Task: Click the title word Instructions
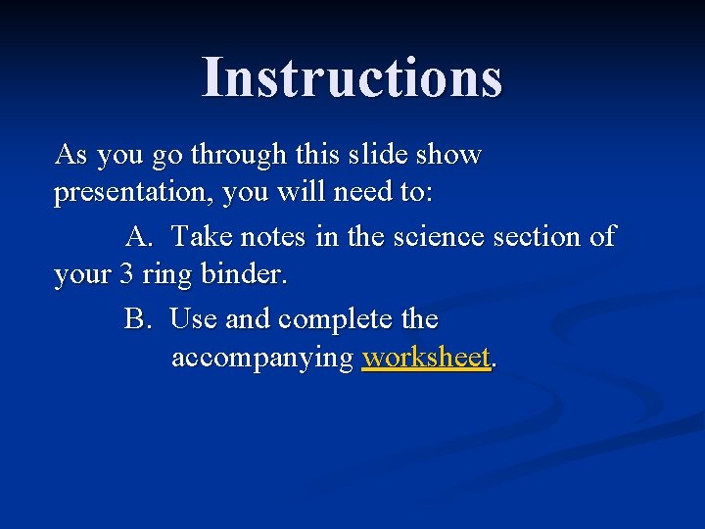[x=352, y=77]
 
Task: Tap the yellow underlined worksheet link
[x=425, y=359]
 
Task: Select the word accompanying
[x=261, y=360]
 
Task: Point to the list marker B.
[x=137, y=319]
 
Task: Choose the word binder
[x=244, y=275]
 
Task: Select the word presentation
[x=133, y=194]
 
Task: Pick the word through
[x=238, y=155]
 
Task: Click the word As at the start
[x=70, y=154]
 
